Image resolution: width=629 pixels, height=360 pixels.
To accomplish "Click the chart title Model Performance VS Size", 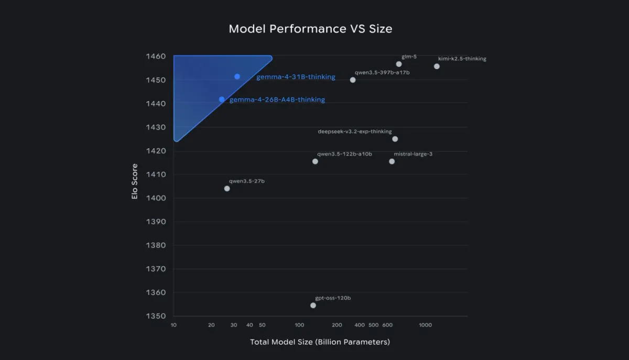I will (310, 28).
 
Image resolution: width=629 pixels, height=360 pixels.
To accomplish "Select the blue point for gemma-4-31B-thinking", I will (237, 77).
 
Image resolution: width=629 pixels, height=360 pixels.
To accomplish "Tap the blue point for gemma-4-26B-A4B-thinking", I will (222, 100).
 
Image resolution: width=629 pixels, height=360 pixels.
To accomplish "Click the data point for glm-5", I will (399, 64).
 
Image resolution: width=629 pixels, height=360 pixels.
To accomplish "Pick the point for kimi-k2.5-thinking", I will (437, 67).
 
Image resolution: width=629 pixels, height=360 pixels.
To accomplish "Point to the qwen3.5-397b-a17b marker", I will (353, 80).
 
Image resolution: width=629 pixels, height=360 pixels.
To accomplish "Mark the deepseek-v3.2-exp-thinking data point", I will (395, 139).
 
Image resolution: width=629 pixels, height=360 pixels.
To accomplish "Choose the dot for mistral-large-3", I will (392, 161).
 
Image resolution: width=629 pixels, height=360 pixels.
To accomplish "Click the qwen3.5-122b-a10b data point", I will (315, 161).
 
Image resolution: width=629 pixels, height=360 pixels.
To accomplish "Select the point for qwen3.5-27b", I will (227, 189).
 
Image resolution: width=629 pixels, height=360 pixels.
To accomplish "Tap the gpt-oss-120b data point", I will (313, 306).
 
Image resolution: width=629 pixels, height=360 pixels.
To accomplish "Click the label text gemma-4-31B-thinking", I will (296, 77).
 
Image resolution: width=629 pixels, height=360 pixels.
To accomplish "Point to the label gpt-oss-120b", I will (333, 298).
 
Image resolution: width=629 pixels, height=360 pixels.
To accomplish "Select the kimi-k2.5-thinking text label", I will (462, 59).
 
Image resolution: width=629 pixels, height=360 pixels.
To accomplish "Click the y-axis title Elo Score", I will (135, 186).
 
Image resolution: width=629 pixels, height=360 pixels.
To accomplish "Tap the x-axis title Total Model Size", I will (320, 342).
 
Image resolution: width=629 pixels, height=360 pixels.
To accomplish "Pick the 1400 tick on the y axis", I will (156, 198).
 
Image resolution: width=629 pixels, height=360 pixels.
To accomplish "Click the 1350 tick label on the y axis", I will (156, 317).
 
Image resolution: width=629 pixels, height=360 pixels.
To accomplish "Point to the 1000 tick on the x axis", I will (425, 325).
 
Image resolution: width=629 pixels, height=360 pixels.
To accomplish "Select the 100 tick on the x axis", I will (299, 325).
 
